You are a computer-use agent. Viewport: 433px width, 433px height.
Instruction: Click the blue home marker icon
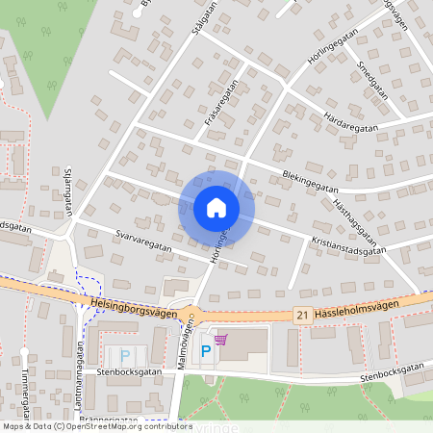[x=216, y=208]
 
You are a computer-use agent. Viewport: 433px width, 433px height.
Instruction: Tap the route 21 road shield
[x=302, y=315]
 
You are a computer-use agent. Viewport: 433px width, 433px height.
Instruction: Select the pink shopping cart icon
[x=221, y=339]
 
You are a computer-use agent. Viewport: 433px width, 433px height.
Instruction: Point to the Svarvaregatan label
[x=142, y=241]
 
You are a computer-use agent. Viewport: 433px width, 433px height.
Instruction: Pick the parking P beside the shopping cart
[x=205, y=353]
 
